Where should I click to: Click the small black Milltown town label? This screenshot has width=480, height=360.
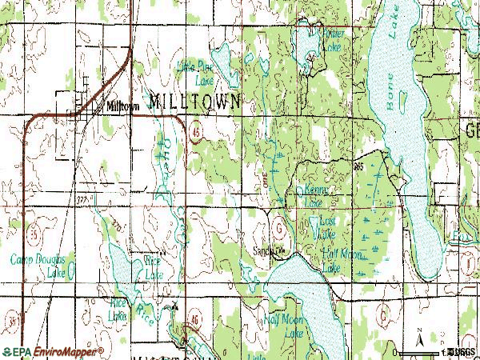[x=122, y=105]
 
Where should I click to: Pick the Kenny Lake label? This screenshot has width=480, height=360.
[x=314, y=196]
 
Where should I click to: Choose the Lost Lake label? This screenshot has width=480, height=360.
[x=327, y=227]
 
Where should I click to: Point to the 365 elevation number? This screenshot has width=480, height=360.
[x=356, y=164]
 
